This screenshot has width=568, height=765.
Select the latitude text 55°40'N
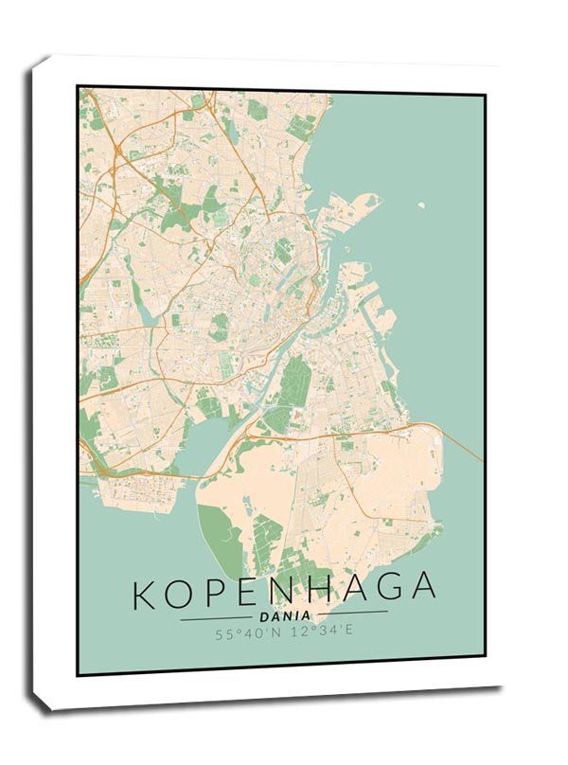(248, 634)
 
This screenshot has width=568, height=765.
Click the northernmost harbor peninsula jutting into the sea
(364, 202)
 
